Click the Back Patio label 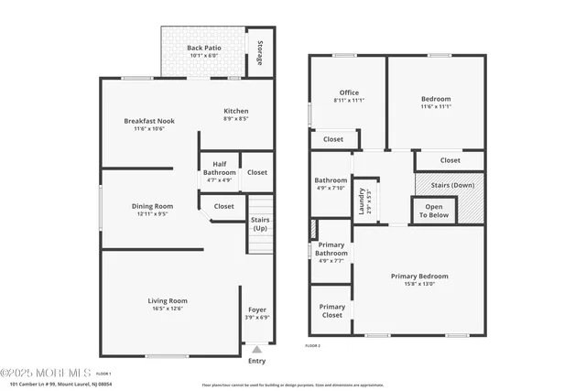(x=204, y=47)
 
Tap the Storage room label (x=260, y=52)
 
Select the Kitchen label (x=236, y=111)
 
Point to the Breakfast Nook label (x=149, y=121)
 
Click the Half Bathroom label (x=219, y=168)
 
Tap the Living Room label (x=168, y=300)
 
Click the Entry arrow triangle (x=257, y=349)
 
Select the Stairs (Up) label (x=259, y=223)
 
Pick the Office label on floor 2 (x=349, y=92)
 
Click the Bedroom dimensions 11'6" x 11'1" (x=436, y=106)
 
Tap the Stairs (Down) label (x=450, y=185)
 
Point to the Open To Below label (x=436, y=211)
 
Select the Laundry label (x=363, y=200)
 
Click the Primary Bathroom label (x=331, y=249)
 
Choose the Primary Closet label (x=331, y=311)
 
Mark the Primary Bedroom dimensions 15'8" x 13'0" (x=419, y=284)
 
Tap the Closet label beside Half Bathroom (x=257, y=172)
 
